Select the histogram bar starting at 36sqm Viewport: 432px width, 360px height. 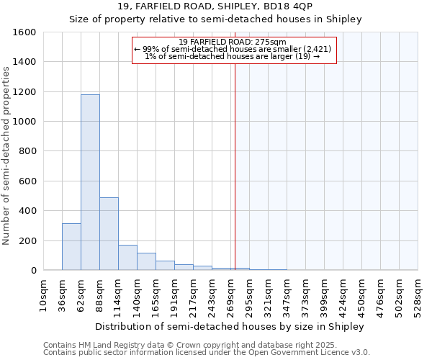coord(71,247)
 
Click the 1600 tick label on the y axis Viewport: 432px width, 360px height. coord(24,32)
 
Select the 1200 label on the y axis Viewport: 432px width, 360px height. coord(24,92)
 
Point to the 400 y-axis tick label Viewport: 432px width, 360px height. coord(27,211)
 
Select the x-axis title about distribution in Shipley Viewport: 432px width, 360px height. coord(230,326)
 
